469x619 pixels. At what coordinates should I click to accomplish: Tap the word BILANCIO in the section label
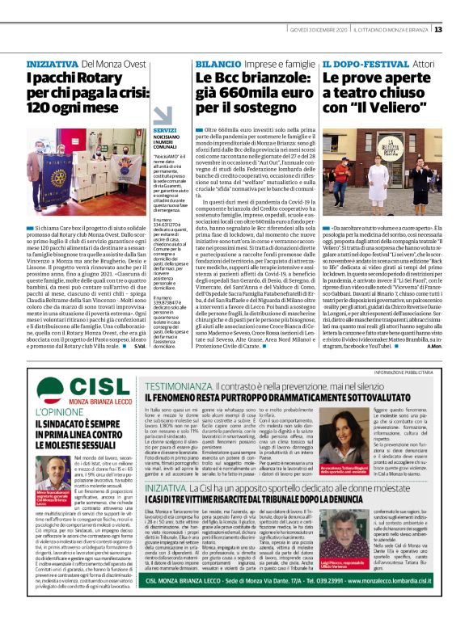(x=218, y=63)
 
